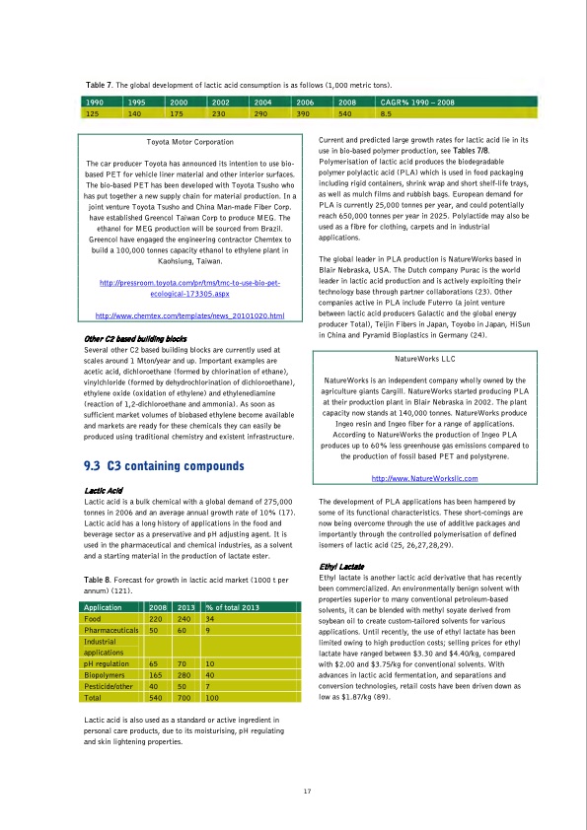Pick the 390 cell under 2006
point(305,113)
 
